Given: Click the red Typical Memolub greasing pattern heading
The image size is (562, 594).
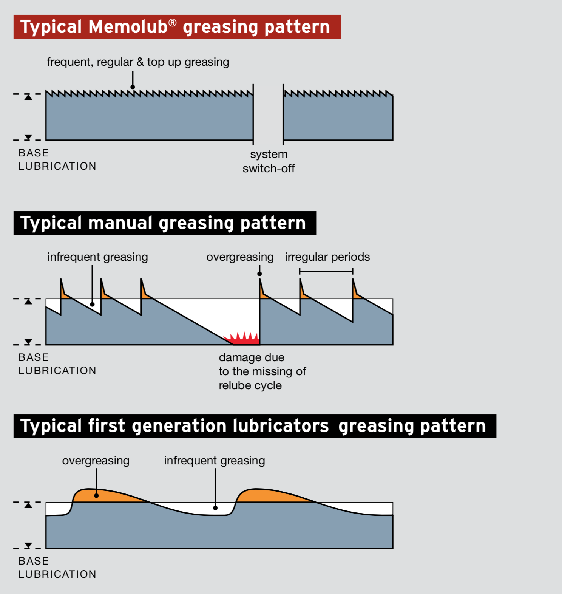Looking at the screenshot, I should tap(177, 27).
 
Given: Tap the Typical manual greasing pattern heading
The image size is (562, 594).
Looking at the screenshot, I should tap(164, 223).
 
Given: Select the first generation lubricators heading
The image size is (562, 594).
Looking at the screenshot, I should tap(254, 426).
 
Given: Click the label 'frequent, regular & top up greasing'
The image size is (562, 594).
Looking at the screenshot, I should tap(138, 62).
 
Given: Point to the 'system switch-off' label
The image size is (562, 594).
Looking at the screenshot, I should tap(269, 161).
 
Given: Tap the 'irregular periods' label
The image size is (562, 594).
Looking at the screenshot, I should tap(327, 257).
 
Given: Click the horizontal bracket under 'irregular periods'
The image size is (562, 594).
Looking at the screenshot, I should tap(326, 271).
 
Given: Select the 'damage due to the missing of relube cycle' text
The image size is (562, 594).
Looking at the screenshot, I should tap(262, 371).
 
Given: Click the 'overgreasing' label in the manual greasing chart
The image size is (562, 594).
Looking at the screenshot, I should tap(240, 257).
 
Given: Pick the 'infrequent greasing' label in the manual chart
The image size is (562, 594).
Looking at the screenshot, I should tap(97, 257).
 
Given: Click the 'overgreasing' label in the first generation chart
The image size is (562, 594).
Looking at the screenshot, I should tap(96, 461).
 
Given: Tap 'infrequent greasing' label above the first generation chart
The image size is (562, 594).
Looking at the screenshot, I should tap(214, 461).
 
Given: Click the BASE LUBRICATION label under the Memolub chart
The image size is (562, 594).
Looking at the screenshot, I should tap(57, 159).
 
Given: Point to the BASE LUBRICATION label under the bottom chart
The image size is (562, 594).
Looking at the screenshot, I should tap(57, 568).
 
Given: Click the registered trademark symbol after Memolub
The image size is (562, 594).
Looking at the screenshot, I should tap(172, 23).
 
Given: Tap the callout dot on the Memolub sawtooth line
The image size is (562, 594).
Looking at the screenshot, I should tap(133, 87).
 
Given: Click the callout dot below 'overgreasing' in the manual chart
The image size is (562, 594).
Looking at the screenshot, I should tap(259, 274).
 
